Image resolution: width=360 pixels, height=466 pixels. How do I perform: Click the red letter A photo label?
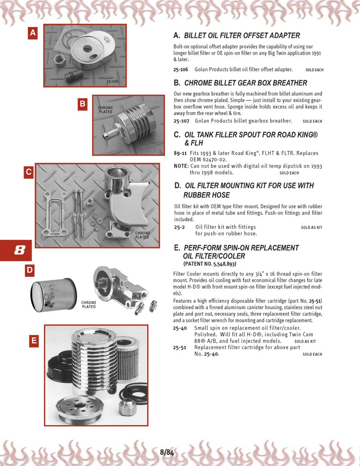coord(32,33)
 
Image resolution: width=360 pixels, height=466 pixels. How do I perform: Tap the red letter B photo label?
coord(83,103)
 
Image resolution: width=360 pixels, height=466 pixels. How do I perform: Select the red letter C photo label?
coord(29,172)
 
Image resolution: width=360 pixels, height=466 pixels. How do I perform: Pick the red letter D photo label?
coord(29,270)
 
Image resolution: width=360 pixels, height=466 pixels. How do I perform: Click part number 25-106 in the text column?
coord(180,70)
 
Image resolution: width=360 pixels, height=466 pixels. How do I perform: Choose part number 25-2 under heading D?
coord(179,227)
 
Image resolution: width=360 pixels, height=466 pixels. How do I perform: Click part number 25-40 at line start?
coord(180,328)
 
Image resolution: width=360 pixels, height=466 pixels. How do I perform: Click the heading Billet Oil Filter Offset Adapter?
coord(242,36)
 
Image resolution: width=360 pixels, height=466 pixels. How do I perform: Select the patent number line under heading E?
coord(210,264)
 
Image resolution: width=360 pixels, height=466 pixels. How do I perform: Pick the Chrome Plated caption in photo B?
coord(106,110)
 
